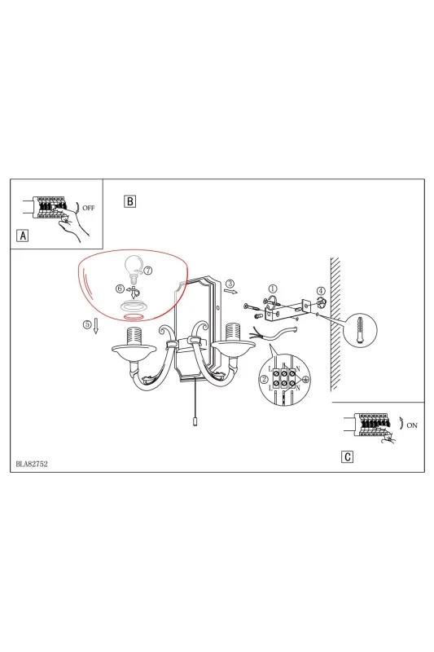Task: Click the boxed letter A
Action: pos(23,236)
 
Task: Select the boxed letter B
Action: pos(130,201)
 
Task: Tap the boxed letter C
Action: pos(348,457)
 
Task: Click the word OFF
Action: pos(89,208)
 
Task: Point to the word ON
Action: pos(412,425)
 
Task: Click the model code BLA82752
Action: pos(32,464)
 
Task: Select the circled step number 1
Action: pos(273,289)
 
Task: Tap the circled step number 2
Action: pos(264,379)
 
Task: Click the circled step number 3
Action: pos(230,284)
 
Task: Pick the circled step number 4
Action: pos(321,291)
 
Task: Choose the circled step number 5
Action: pos(87,324)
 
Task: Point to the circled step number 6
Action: pos(120,289)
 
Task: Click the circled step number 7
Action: pos(148,271)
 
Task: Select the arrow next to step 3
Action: pos(232,292)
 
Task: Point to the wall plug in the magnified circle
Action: pos(360,331)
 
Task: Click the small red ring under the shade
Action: pos(134,317)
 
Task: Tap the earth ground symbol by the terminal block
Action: pos(306,379)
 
